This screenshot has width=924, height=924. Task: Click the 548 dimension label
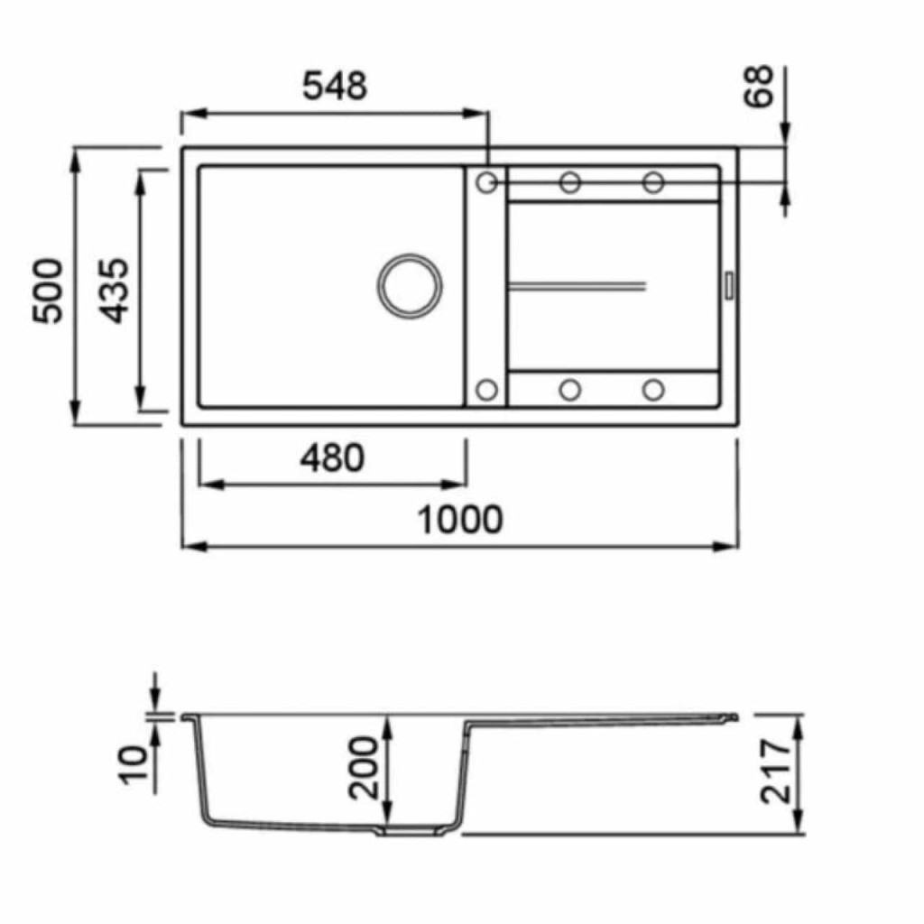click(x=335, y=86)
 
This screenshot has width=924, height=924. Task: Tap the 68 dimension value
click(x=758, y=87)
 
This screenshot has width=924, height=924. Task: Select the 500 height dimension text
click(x=47, y=291)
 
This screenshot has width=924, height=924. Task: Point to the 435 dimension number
click(x=113, y=291)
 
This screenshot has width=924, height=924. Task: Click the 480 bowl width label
click(x=332, y=457)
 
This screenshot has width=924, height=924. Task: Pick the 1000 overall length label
click(x=460, y=520)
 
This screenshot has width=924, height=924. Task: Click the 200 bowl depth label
click(x=363, y=768)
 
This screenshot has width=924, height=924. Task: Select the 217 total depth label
click(x=775, y=772)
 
